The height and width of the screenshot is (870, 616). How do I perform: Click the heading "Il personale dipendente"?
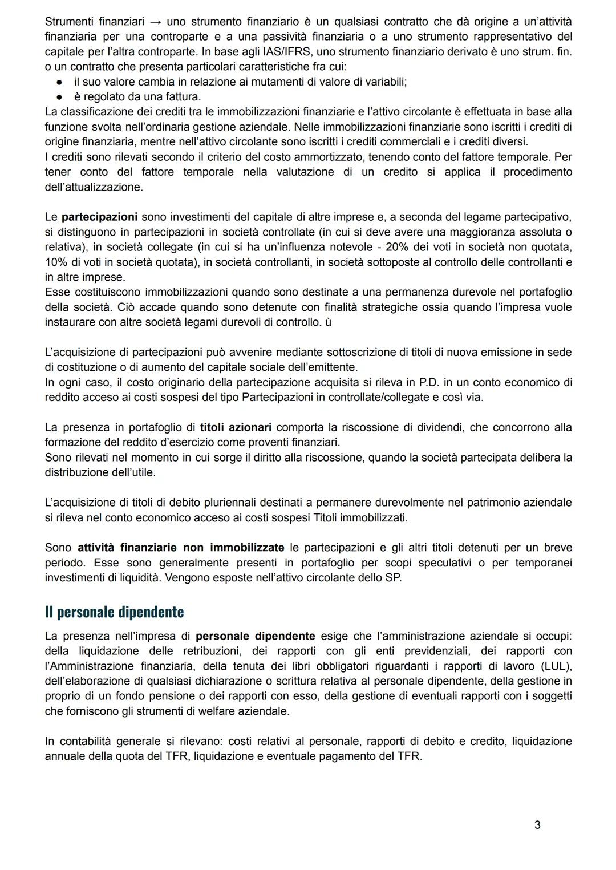click(114, 612)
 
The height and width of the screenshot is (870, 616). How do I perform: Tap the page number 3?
click(537, 824)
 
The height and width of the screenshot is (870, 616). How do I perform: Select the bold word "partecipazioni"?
click(99, 217)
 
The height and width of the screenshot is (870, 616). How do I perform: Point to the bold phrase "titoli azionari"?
click(236, 427)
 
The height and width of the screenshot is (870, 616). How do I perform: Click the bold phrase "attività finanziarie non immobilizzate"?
click(181, 548)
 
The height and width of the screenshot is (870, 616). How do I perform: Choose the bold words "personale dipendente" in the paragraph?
click(255, 636)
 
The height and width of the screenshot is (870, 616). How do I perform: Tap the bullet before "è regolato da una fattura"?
click(58, 97)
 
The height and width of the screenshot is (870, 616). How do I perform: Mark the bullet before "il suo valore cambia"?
click(58, 82)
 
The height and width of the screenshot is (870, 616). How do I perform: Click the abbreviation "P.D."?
click(421, 382)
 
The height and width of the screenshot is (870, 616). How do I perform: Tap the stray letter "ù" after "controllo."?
click(328, 322)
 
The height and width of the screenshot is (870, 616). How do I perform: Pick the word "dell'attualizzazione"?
click(94, 187)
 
